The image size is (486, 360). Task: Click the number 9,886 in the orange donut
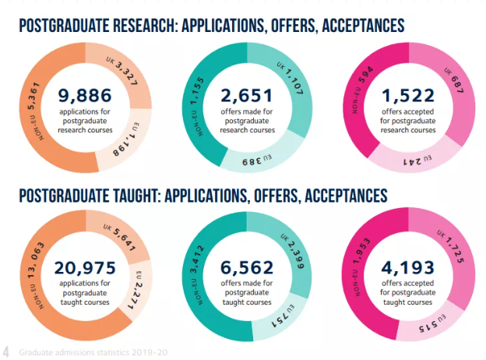(x=84, y=97)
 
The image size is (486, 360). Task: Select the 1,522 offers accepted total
(x=409, y=97)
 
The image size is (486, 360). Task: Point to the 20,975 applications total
(x=84, y=268)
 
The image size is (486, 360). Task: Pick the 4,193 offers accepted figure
(x=409, y=268)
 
